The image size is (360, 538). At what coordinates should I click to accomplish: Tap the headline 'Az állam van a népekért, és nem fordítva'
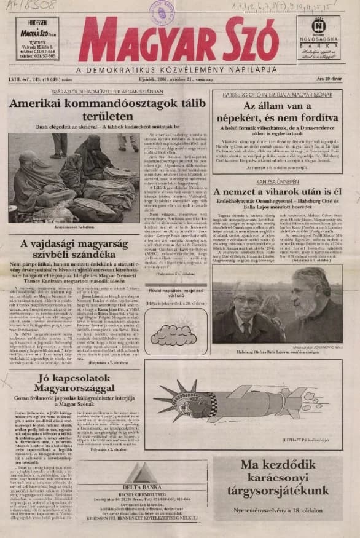[276, 119]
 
